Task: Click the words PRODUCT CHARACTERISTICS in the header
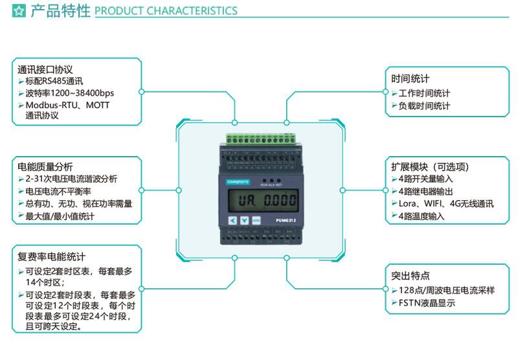[x=166, y=11]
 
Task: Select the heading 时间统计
[x=410, y=79]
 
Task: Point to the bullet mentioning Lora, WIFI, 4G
[x=446, y=204]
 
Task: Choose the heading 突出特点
[x=410, y=275]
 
